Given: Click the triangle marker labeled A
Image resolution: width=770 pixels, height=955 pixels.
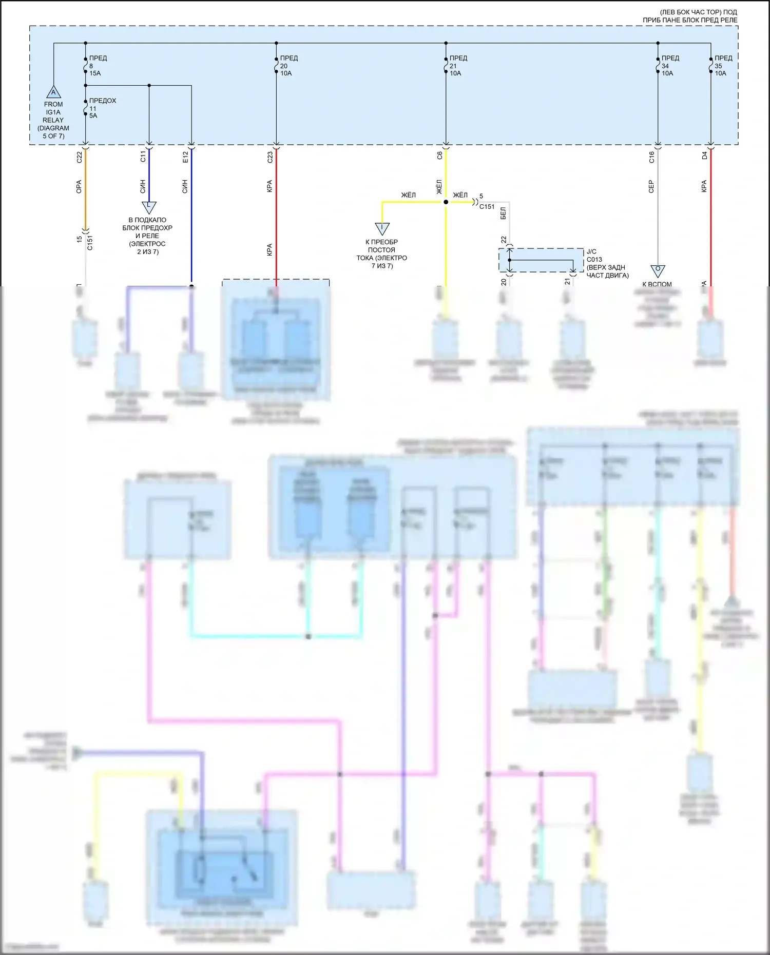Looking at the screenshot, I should [53, 92].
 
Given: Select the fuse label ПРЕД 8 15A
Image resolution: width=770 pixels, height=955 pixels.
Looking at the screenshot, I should [98, 66].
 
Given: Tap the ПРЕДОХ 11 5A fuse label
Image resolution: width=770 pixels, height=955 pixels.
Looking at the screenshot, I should [102, 108].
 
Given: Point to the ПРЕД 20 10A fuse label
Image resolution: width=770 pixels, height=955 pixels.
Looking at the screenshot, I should [288, 66].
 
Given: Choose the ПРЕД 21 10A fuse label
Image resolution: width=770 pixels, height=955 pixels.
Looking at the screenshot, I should [458, 66].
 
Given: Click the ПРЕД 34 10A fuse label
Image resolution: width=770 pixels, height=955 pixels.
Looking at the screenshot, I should [669, 66].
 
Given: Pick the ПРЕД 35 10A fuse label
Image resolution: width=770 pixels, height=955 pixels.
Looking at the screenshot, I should [723, 66].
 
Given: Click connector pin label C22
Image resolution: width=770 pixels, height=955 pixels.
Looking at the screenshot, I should [79, 157].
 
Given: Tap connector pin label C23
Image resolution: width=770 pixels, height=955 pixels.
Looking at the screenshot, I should [270, 157].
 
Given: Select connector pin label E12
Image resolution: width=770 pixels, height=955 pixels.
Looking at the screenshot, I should [185, 157].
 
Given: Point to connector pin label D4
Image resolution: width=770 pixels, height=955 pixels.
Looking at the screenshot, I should [704, 155].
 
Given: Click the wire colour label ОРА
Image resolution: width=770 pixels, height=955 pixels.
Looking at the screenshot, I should [79, 186].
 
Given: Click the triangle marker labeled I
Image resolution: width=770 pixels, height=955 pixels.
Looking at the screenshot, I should [382, 228].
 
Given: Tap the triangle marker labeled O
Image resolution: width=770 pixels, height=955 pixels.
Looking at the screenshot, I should [658, 270].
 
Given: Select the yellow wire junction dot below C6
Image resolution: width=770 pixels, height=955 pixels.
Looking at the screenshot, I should [446, 202].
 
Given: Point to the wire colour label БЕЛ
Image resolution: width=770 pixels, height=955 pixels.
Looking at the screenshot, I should [503, 213].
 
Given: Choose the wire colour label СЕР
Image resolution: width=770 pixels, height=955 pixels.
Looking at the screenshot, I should [651, 186].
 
